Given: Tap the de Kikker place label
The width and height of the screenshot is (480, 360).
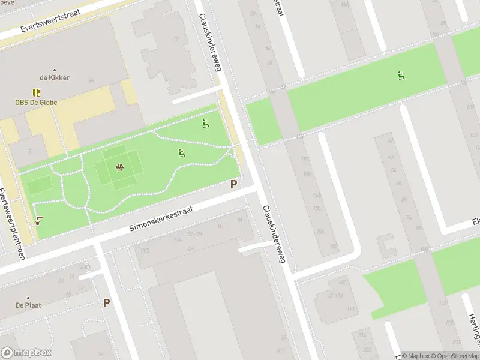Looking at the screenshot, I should [x=55, y=78].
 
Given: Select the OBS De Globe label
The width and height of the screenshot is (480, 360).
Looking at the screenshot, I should [x=37, y=102].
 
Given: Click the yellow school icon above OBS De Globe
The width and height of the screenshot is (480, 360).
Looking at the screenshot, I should [x=37, y=92].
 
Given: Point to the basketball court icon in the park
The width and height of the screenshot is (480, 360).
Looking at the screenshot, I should [x=119, y=167].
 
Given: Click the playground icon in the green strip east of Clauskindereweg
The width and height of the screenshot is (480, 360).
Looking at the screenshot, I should [x=401, y=76].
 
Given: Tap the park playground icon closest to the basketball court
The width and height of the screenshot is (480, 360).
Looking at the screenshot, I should [x=181, y=153].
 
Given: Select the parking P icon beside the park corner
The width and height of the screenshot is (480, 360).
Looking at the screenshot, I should [x=233, y=184].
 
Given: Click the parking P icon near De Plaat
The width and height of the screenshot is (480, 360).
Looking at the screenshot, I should [x=106, y=303].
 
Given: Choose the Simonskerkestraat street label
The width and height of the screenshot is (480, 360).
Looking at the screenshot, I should [x=161, y=221].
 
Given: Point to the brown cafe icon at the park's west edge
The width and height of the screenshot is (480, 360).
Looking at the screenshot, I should [x=39, y=220].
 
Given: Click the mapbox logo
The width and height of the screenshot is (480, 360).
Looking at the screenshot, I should [x=26, y=353].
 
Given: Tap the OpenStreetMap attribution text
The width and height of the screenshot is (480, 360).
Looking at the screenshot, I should [x=454, y=356].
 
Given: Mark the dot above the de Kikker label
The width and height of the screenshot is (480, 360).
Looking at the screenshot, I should [x=55, y=70].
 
